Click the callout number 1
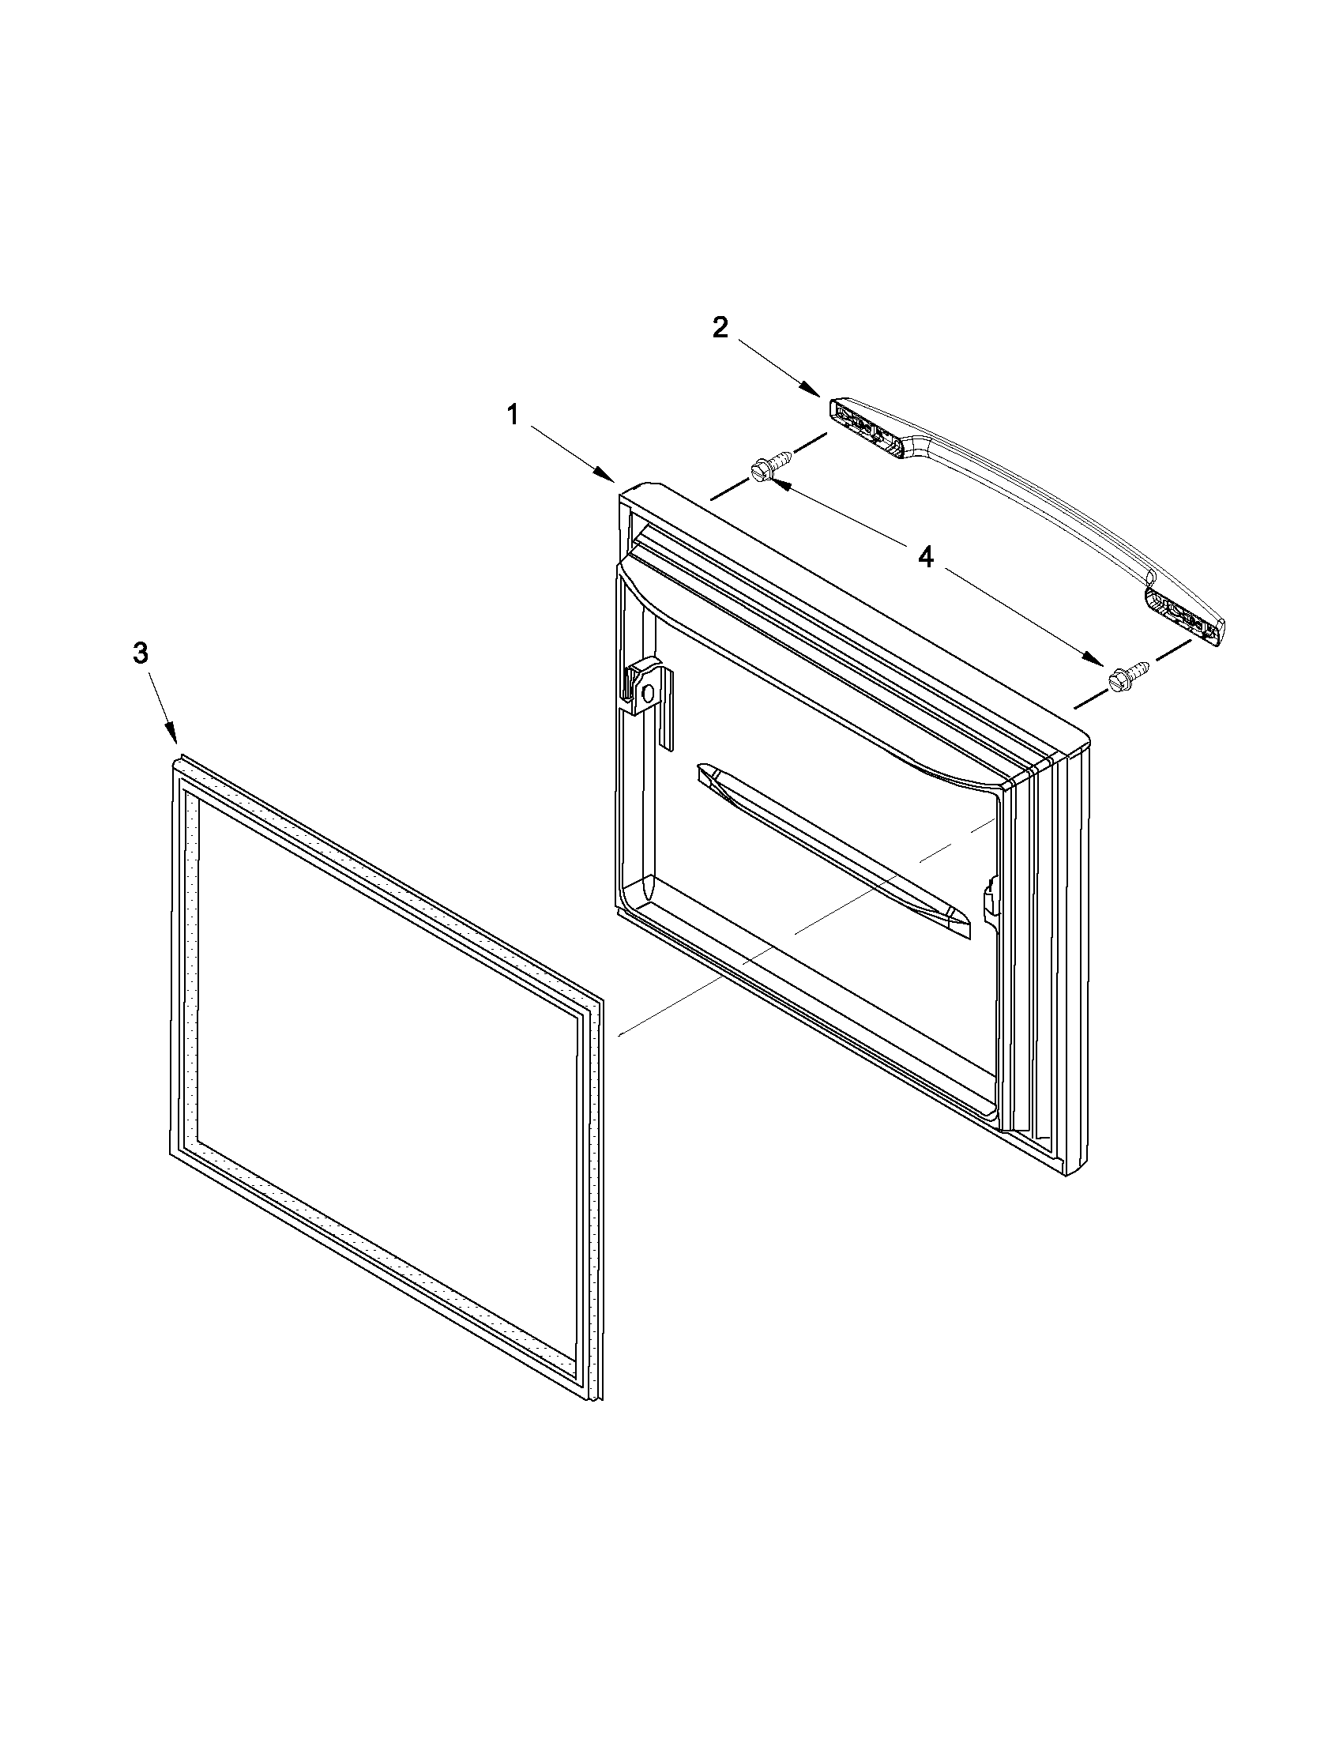(513, 415)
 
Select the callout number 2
(720, 327)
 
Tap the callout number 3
(139, 654)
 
